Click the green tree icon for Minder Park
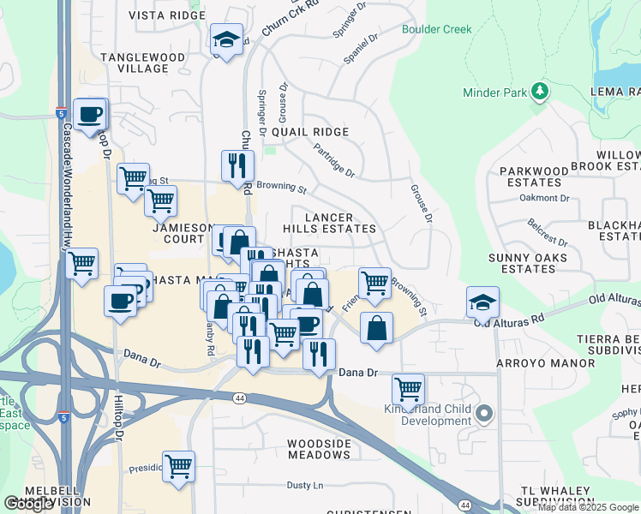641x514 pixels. click(539, 91)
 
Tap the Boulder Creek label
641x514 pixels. click(437, 29)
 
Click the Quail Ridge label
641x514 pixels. click(310, 132)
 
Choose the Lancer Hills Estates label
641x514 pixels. click(330, 222)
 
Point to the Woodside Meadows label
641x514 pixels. click(319, 449)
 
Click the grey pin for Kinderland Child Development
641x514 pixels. click(484, 415)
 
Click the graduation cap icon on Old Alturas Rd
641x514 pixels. click(483, 302)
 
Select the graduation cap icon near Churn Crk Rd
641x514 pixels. click(226, 39)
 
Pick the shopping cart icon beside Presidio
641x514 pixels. click(178, 467)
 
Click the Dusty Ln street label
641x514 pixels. click(304, 486)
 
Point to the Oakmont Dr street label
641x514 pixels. click(545, 198)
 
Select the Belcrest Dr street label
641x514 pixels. click(548, 231)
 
